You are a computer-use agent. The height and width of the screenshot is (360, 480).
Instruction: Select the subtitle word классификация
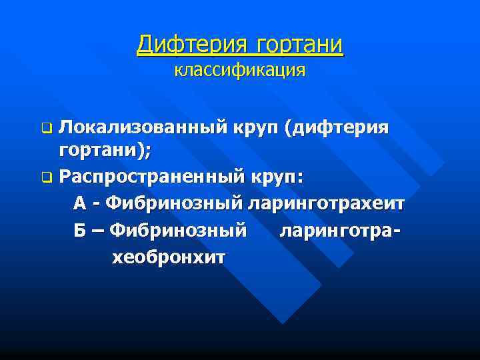[x=240, y=70]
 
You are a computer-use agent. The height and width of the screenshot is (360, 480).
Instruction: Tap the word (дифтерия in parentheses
[x=336, y=127]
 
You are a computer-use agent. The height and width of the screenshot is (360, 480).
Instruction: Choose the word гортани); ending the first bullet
[x=105, y=151]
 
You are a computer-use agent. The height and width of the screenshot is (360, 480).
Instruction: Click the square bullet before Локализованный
[x=46, y=127]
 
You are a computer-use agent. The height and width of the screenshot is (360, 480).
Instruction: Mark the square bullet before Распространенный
[x=46, y=177]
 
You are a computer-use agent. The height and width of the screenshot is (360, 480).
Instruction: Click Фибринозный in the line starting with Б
[x=178, y=231]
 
